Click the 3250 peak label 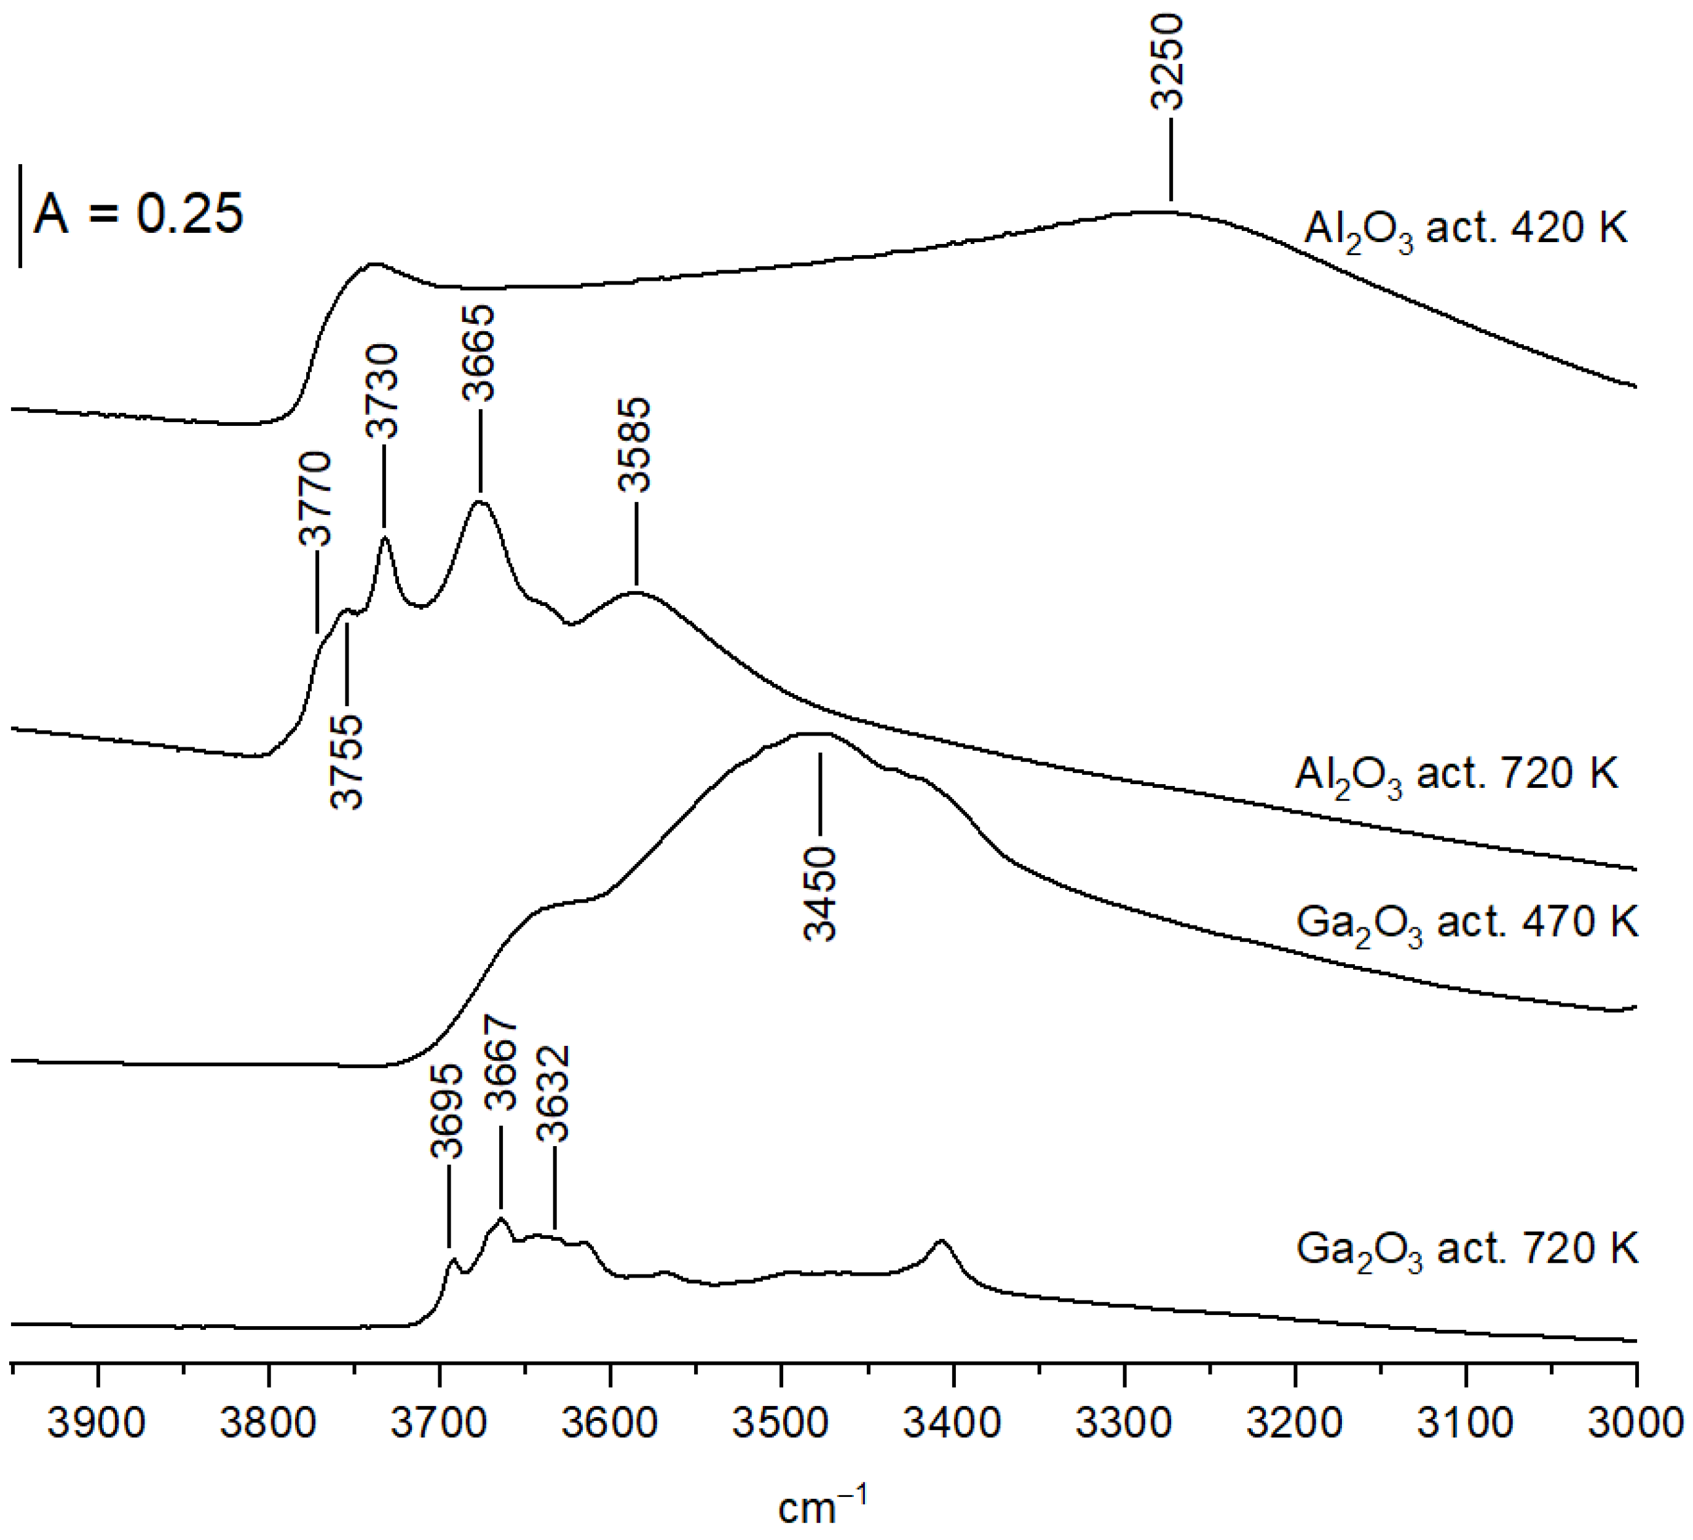(1168, 62)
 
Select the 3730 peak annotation (383, 391)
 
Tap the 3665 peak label (479, 353)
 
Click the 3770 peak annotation (317, 499)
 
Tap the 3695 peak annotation (447, 1111)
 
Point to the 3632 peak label (554, 1094)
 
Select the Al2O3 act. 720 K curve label (1456, 775)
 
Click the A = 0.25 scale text (138, 214)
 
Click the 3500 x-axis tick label (781, 1424)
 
